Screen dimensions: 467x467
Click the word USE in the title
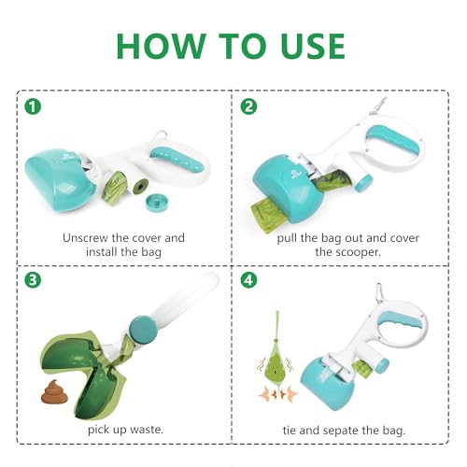pyautogui.click(x=313, y=46)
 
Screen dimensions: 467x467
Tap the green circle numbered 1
pyautogui.click(x=33, y=106)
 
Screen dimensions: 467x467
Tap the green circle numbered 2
pyautogui.click(x=248, y=106)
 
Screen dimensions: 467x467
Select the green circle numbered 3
pyautogui.click(x=33, y=280)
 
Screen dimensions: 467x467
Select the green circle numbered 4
pyautogui.click(x=248, y=280)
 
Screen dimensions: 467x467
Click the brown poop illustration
pyautogui.click(x=54, y=391)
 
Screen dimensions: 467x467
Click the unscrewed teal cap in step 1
pyautogui.click(x=158, y=203)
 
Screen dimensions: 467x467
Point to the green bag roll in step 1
pyautogui.click(x=115, y=187)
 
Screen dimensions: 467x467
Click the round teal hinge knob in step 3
pyautogui.click(x=143, y=330)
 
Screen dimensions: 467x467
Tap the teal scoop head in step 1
pyautogui.click(x=61, y=179)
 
